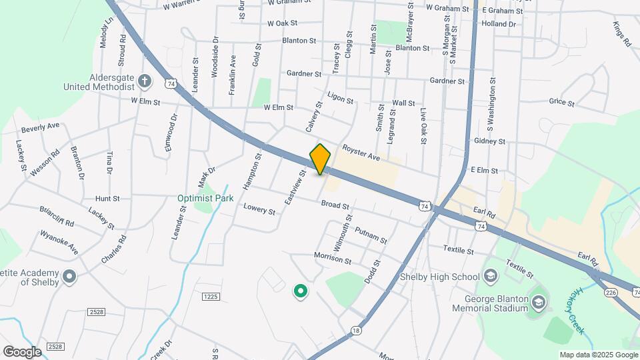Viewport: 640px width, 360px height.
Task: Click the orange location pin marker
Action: pos(321,159)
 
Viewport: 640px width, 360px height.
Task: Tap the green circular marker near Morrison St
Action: pos(300,291)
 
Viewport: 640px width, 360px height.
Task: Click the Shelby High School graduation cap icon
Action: pos(491,277)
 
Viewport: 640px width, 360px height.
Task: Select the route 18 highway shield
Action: pos(357,329)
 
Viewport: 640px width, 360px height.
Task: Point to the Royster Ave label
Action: pos(361,153)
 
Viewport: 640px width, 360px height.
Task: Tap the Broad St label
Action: pos(331,205)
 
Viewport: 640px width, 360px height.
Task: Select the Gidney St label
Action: pos(489,141)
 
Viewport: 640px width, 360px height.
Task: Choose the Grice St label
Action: pos(561,102)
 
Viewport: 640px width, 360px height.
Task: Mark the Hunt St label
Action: pos(107,198)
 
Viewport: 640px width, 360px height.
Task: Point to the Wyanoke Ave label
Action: pos(59,242)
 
